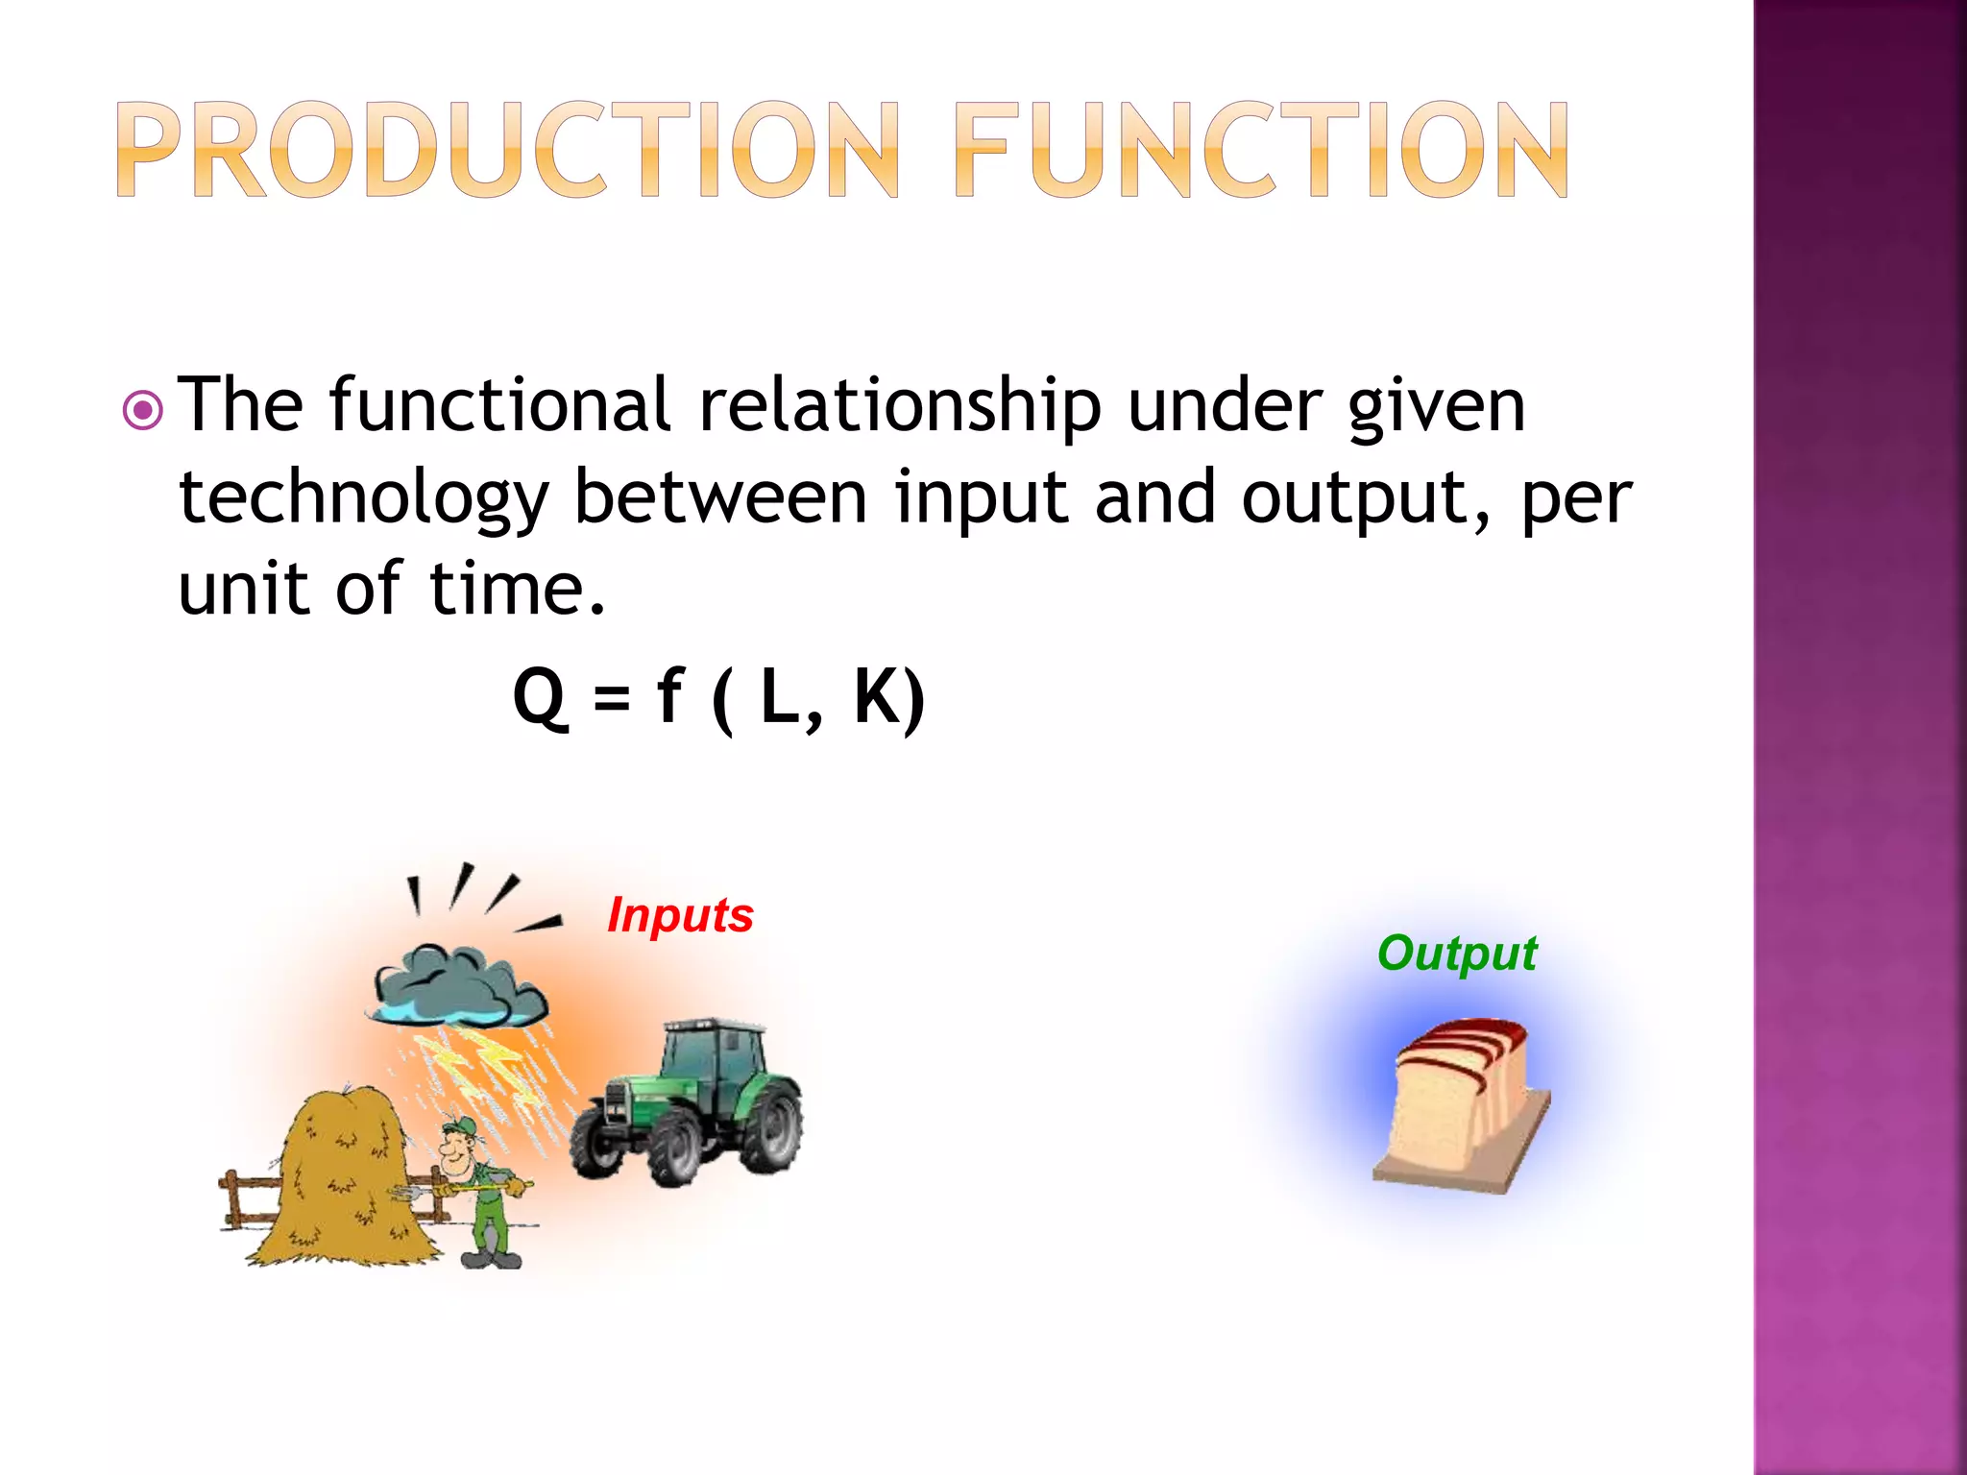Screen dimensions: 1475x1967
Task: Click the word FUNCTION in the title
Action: tap(1261, 151)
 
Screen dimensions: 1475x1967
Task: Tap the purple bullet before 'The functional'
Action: tap(143, 411)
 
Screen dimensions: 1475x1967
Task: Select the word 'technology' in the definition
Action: tap(363, 499)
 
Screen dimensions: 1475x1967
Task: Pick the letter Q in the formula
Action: tap(540, 698)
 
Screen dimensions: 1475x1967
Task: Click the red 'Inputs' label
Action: tap(680, 914)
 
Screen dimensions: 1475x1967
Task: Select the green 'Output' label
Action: tap(1456, 953)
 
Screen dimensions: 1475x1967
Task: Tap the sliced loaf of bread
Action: tap(1460, 1104)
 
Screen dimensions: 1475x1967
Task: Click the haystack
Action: tap(341, 1181)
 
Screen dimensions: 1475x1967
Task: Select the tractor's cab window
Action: tap(715, 1056)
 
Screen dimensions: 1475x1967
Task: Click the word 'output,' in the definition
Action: tap(1365, 499)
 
